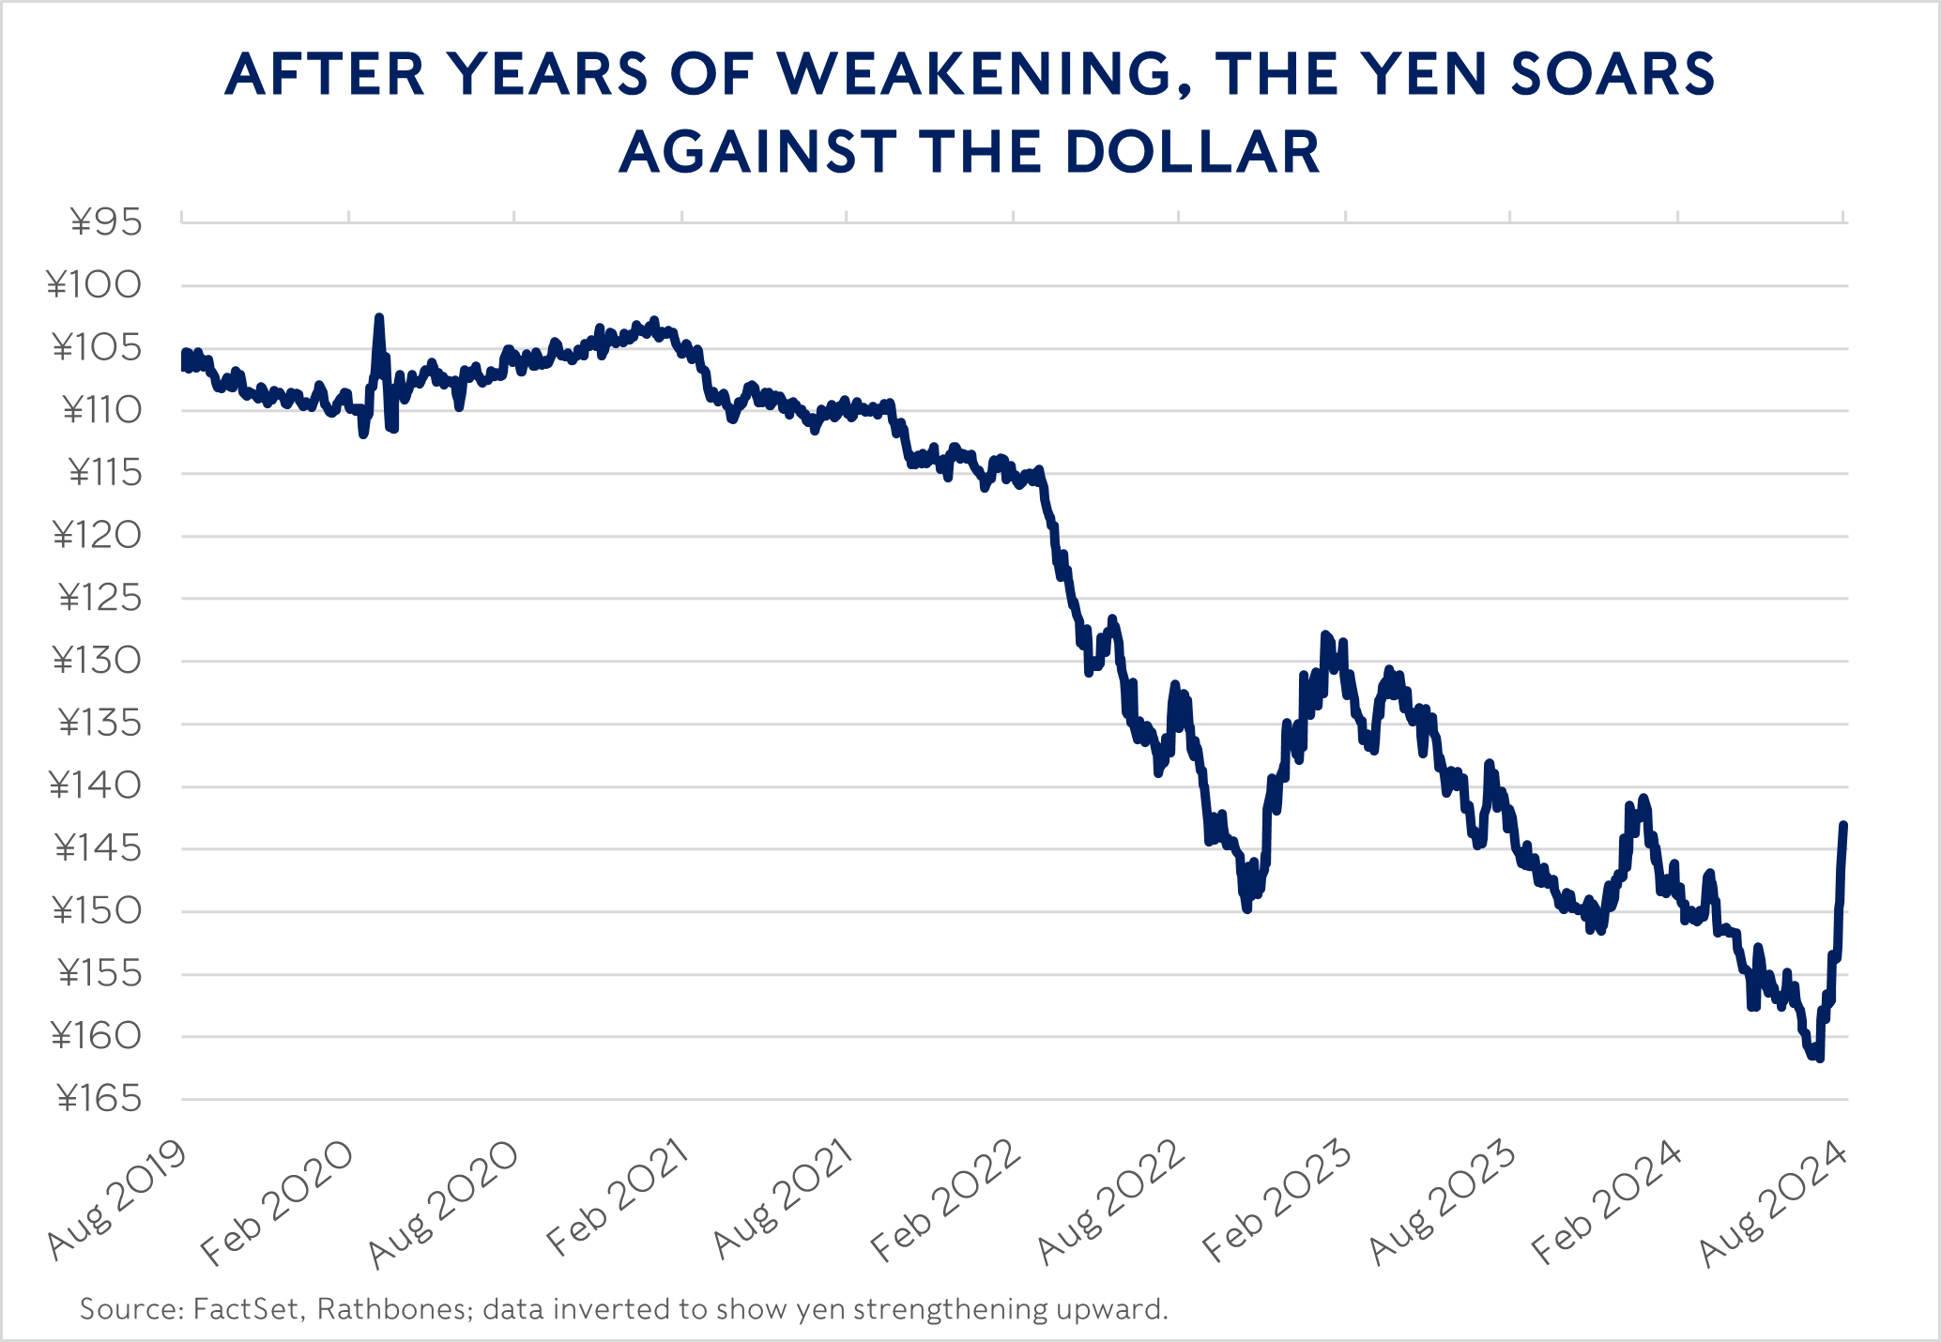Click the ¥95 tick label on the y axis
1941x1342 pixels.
pyautogui.click(x=105, y=223)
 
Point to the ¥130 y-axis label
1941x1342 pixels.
pyautogui.click(x=97, y=662)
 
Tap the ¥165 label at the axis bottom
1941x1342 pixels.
pyautogui.click(x=99, y=1099)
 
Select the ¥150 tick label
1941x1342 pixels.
pyautogui.click(x=97, y=911)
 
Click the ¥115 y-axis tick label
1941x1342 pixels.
pyautogui.click(x=105, y=474)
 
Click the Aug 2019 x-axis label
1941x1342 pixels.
pyautogui.click(x=116, y=1200)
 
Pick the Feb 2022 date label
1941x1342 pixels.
pyautogui.click(x=946, y=1201)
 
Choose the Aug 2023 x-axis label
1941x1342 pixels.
pyautogui.click(x=1443, y=1202)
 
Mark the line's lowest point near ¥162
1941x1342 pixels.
pyautogui.click(x=1820, y=1059)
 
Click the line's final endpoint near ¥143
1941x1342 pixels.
pyautogui.click(x=1844, y=825)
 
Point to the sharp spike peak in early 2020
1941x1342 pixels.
pyautogui.click(x=379, y=318)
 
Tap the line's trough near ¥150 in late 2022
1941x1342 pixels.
pyautogui.click(x=1246, y=909)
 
